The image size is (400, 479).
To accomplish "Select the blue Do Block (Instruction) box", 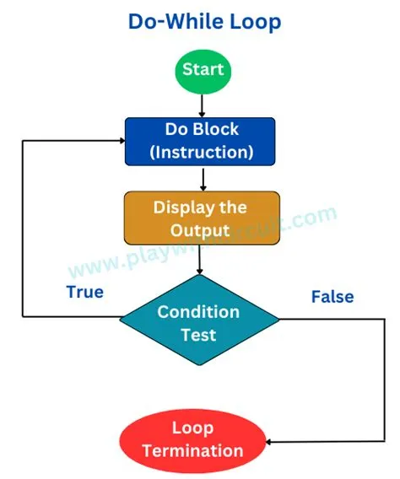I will (202, 142).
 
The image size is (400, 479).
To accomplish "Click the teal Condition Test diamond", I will (199, 322).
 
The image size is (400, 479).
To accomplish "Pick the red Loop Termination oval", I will (192, 439).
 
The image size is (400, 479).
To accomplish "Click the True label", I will (84, 292).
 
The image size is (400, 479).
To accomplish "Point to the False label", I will (332, 296).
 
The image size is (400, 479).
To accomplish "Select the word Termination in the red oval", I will (192, 450).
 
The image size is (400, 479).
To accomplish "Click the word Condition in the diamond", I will (198, 311).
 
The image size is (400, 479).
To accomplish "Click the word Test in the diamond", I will (198, 334).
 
